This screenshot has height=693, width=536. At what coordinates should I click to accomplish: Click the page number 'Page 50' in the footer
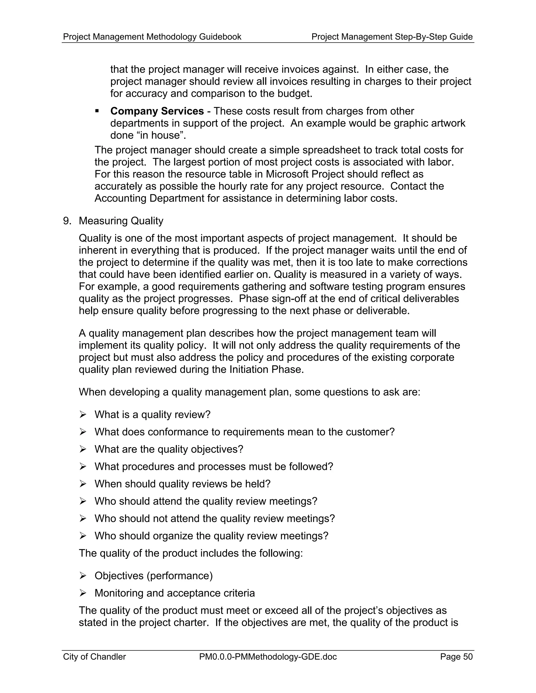click(x=456, y=656)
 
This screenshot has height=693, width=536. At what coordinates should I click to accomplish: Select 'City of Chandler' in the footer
click(x=94, y=656)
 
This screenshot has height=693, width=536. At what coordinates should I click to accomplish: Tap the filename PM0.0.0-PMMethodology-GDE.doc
click(x=268, y=656)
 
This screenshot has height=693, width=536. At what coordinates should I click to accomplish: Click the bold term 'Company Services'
click(x=157, y=111)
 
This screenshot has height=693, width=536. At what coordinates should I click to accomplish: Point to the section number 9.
click(x=67, y=221)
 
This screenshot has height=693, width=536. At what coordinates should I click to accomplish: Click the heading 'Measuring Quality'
click(x=121, y=221)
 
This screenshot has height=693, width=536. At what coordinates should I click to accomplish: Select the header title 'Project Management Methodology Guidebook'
click(x=152, y=37)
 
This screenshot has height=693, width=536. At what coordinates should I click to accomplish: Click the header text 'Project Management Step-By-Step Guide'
click(x=392, y=37)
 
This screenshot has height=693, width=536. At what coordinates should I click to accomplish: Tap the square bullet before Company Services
click(x=97, y=111)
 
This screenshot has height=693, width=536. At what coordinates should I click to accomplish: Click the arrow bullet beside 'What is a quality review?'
click(x=83, y=415)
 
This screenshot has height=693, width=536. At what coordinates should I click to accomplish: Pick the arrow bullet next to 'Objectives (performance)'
click(x=83, y=576)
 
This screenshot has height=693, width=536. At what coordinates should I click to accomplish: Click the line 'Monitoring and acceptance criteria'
click(x=175, y=593)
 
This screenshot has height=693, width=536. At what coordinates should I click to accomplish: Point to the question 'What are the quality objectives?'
click(x=169, y=449)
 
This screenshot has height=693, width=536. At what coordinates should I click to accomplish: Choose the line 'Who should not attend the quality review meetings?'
click(x=215, y=519)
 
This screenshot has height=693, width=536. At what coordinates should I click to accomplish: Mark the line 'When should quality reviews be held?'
click(x=182, y=484)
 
